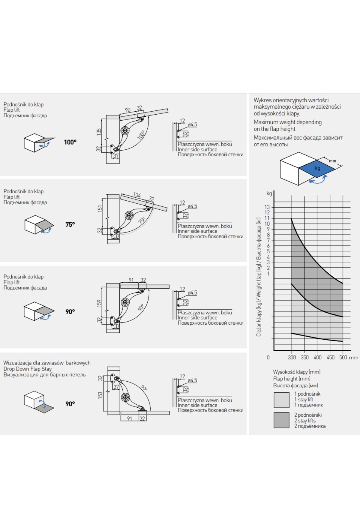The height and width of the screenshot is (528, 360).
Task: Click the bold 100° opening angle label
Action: (70, 142)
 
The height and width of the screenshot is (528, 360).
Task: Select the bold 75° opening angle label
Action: (70, 224)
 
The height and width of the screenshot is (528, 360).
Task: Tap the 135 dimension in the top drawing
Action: (99, 132)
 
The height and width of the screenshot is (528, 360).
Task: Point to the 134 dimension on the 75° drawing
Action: (137, 195)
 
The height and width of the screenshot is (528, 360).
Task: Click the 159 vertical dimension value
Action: (99, 303)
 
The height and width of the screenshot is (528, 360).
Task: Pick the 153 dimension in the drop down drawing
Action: (100, 395)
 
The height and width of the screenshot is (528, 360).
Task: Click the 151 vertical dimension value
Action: (100, 208)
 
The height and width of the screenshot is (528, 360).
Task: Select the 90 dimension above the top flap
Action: (128, 110)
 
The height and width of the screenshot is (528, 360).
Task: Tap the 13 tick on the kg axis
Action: (267, 207)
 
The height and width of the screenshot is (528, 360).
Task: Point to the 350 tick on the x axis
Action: (304, 358)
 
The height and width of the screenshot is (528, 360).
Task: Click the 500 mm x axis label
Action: (348, 358)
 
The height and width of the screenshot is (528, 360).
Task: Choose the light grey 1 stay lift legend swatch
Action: (281, 400)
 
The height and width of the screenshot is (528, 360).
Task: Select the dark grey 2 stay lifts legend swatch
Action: (281, 420)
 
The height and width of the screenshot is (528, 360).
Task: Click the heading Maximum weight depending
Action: (287, 122)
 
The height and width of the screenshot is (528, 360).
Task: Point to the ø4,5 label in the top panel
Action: (192, 125)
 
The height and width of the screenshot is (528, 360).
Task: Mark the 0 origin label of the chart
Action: (268, 358)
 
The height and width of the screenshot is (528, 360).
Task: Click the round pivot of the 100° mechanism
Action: (125, 130)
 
